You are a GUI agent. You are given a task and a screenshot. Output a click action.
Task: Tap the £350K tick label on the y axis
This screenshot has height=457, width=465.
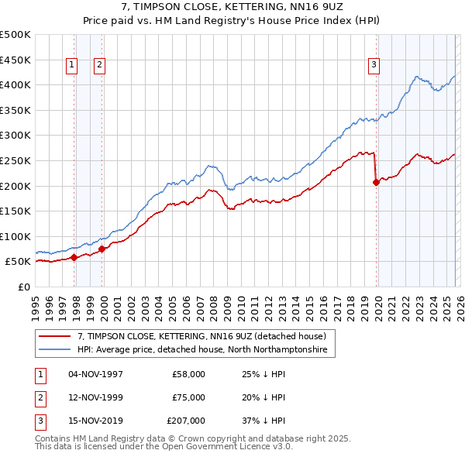[x=15, y=110]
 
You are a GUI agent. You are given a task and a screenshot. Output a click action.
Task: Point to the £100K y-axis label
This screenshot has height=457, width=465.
[x=15, y=236]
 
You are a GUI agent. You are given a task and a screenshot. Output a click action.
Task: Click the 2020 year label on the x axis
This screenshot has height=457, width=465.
[x=377, y=302]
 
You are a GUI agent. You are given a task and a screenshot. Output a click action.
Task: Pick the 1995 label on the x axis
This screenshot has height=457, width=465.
[x=36, y=302]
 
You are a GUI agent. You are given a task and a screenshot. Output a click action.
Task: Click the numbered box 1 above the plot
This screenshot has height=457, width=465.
[x=72, y=66]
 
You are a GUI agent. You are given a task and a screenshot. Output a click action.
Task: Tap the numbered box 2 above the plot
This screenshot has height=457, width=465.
[x=101, y=66]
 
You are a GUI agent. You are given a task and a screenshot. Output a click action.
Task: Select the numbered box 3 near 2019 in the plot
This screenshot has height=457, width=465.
[x=374, y=66]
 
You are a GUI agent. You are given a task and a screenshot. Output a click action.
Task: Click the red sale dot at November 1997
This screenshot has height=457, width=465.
[x=74, y=257]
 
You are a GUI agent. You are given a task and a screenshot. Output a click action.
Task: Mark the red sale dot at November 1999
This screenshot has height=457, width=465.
[x=102, y=249]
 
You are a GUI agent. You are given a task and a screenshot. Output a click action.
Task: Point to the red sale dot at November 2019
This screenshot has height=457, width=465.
[x=376, y=182]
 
